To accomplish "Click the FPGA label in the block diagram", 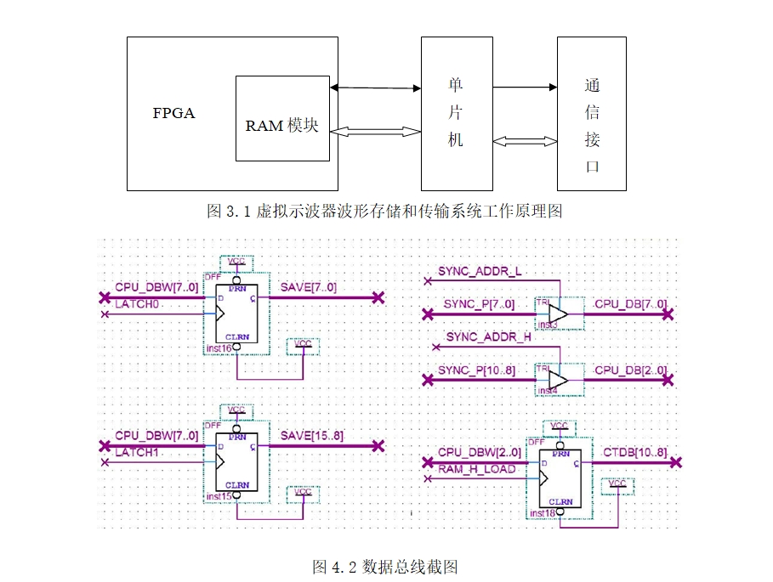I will coord(173,113).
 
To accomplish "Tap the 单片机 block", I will coord(456,113).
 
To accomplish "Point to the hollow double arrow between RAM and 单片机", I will coord(376,132).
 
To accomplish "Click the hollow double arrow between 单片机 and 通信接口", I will coord(525,141).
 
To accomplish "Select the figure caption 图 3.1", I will coord(384,211).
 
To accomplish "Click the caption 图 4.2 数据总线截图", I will coord(385,566).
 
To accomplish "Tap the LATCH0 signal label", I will coord(138,303).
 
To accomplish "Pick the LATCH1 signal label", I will coord(138,452).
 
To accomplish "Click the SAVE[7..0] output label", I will coord(308,287).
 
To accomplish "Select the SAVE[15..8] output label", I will coord(311,436).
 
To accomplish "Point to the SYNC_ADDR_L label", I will coord(480,272).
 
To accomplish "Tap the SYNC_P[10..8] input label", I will coord(480,370).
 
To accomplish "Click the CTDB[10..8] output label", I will coord(635,452).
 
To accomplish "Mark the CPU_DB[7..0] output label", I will coord(630,303).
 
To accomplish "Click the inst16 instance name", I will coord(219,348).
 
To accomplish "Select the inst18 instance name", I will coord(543,514).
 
